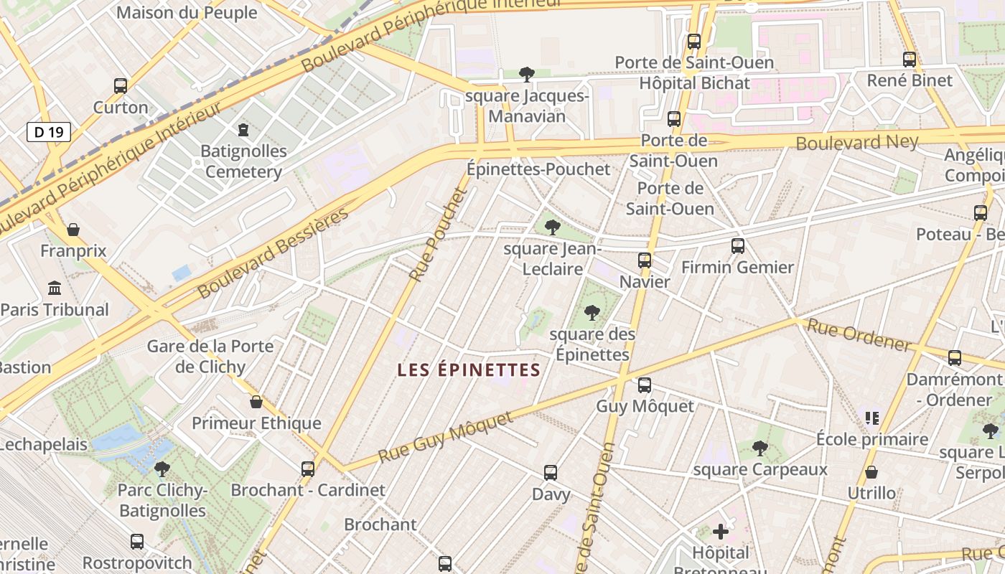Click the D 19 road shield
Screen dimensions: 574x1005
[x=49, y=132]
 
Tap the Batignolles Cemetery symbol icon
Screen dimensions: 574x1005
[x=243, y=130]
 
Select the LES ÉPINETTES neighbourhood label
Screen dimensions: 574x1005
[x=469, y=370]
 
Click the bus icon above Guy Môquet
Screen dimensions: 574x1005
[x=645, y=385]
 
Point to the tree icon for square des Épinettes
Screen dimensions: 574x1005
[x=592, y=313]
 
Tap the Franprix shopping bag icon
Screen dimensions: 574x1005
[x=73, y=230]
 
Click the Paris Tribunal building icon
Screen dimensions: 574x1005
[x=55, y=288]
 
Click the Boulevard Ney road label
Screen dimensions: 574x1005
[x=857, y=142]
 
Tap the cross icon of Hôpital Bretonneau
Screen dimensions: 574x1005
[x=721, y=532]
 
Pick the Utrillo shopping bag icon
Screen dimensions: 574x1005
[x=871, y=472]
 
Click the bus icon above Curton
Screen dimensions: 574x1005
[x=121, y=86]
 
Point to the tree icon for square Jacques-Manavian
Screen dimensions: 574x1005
[x=527, y=74]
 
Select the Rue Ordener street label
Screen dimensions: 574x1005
[x=859, y=334]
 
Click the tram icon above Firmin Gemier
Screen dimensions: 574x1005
[x=737, y=246]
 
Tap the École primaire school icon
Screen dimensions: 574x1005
[x=872, y=418]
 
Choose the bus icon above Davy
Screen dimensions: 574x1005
[x=551, y=473]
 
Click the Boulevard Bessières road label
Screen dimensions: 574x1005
[x=273, y=253]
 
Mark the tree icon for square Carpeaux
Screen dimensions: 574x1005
[x=760, y=449]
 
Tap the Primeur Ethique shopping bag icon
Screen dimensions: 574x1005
[x=256, y=402]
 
